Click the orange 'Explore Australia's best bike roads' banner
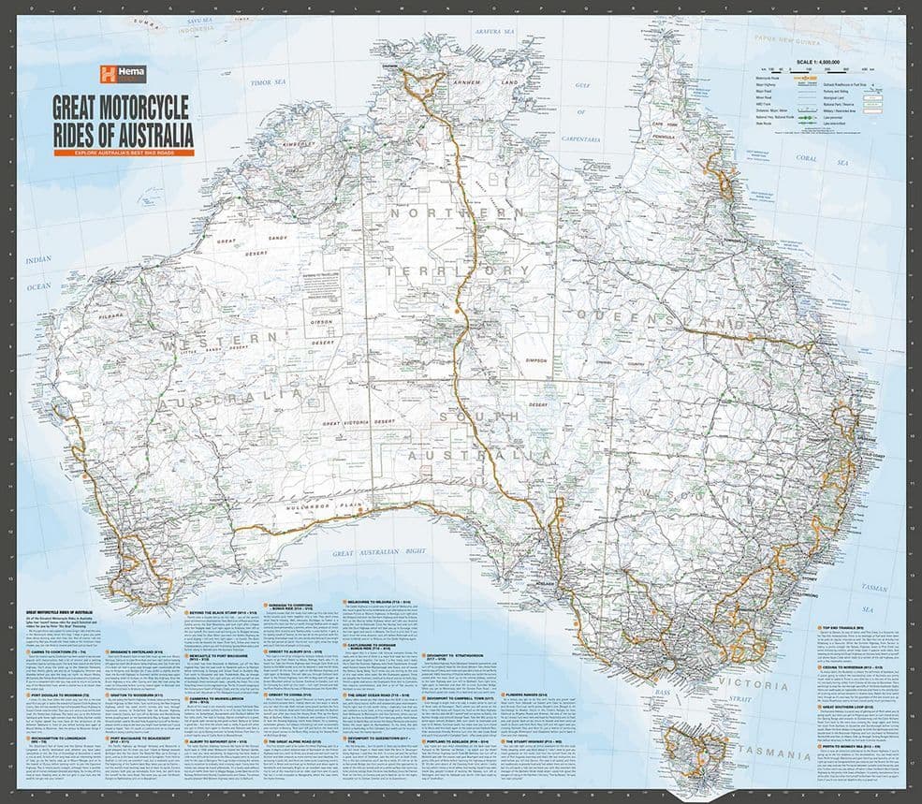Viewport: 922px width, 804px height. tap(124, 152)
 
